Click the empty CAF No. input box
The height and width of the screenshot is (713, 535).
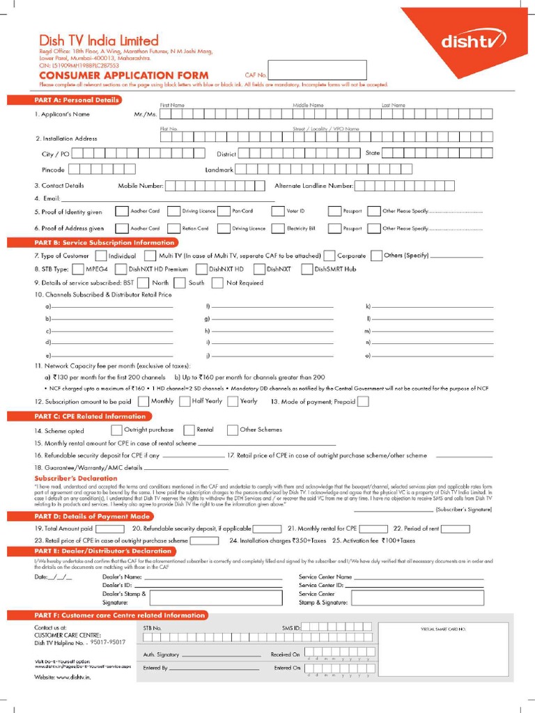[x=317, y=70]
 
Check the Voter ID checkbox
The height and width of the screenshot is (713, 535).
[x=278, y=210]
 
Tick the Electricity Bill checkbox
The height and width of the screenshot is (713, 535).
[x=278, y=228]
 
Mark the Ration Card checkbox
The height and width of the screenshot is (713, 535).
[x=172, y=228]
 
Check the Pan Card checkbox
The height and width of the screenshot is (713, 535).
[x=224, y=210]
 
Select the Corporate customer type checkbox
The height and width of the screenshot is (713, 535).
[x=329, y=256]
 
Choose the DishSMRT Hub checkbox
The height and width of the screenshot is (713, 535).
[x=307, y=269]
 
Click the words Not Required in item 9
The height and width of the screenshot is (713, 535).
[x=245, y=283]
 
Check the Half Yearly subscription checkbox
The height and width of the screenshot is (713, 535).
[x=185, y=401]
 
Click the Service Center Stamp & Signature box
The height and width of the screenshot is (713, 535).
[x=417, y=598]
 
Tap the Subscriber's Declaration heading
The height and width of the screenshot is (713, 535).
[x=76, y=478]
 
